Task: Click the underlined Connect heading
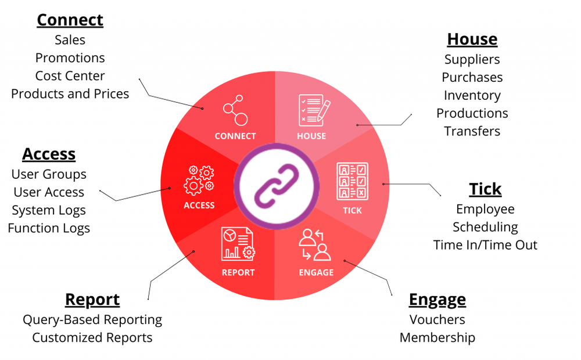coord(70,20)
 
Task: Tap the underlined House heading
coord(472,39)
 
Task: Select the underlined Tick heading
coord(485,189)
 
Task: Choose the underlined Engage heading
coord(437,300)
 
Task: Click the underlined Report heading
coord(92,300)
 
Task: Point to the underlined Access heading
coord(49,154)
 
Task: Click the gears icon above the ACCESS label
coord(199,179)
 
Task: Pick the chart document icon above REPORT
coord(238,244)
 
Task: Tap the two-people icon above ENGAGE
coord(314,244)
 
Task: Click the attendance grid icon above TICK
coord(352,181)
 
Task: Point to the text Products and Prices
coord(70,93)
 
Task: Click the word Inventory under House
coord(472,95)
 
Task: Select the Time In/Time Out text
coord(485,245)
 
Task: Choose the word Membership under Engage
coord(437,337)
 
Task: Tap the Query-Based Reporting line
coord(92,319)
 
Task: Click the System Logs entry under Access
coord(49,210)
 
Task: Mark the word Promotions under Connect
coord(70,57)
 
